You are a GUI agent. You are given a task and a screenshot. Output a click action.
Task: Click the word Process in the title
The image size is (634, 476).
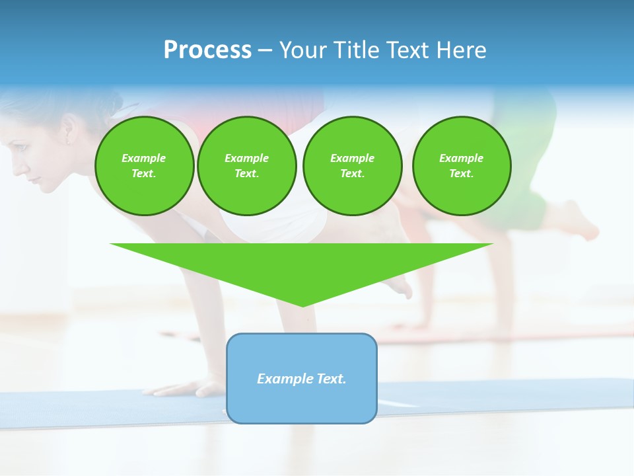pos(207,50)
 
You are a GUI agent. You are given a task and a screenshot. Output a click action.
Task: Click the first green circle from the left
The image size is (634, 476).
pos(145,166)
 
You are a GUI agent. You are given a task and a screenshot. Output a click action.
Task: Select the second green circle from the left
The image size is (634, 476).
pos(247,166)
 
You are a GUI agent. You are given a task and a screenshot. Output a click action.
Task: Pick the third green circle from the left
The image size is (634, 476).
pos(353,166)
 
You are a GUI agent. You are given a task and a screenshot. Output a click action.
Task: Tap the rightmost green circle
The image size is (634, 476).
pos(462,166)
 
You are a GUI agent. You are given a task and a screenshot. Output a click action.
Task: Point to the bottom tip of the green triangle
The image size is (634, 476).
pos(302,305)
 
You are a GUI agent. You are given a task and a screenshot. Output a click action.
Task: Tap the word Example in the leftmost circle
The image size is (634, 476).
pos(144,158)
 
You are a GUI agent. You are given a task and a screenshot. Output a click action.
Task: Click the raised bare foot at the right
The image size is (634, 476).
pos(578,221)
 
